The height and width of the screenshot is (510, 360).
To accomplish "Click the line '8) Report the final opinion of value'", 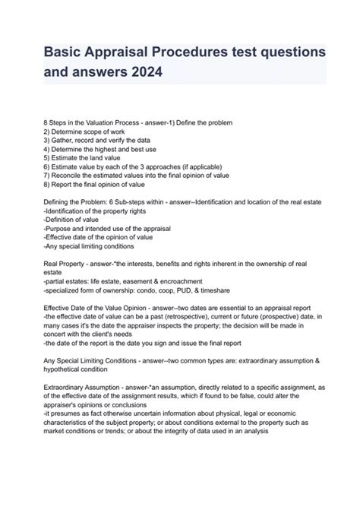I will pyautogui.click(x=95, y=183).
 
